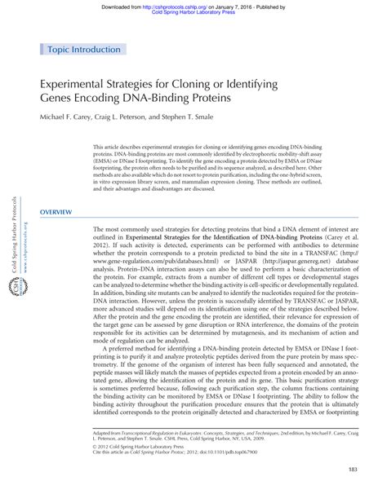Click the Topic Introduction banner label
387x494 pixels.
click(82, 49)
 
